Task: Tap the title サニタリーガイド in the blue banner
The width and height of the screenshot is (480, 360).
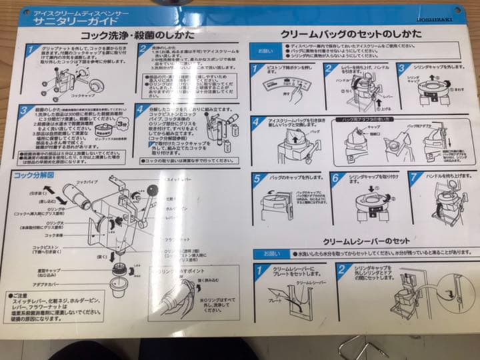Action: coord(73,21)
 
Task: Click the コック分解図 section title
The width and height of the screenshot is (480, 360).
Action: coord(33,176)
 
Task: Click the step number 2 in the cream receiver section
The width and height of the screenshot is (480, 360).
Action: coord(341,270)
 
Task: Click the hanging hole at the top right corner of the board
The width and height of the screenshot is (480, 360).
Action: coord(459,11)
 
